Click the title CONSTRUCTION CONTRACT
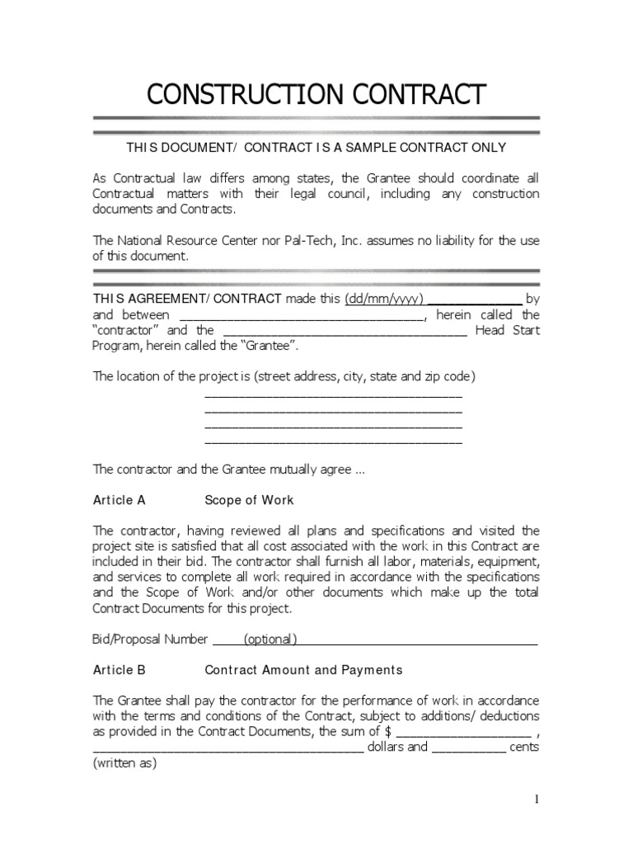[316, 95]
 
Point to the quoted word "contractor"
[124, 330]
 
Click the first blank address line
[333, 395]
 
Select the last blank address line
[333, 442]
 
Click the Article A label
[120, 500]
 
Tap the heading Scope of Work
[249, 500]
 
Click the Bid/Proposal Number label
[151, 639]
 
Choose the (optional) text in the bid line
[270, 639]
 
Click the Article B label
[120, 670]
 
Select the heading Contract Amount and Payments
[303, 670]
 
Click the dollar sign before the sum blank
[388, 732]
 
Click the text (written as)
[124, 763]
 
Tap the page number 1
[536, 800]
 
